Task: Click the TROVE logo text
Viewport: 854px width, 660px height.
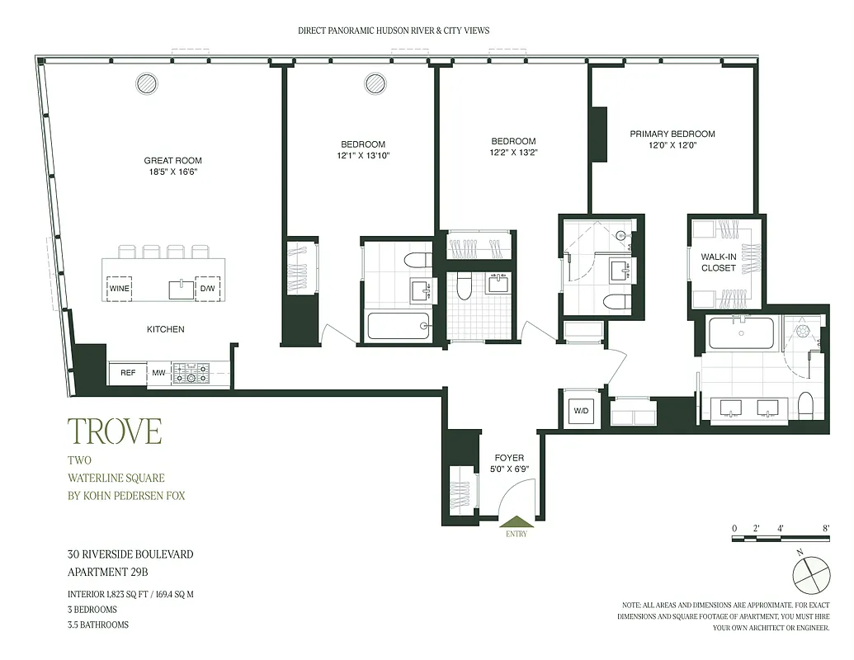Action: pos(114,431)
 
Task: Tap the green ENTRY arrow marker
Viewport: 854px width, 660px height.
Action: pos(516,522)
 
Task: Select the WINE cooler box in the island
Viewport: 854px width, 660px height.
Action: pos(119,288)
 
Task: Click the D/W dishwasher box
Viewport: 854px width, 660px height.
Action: pos(208,288)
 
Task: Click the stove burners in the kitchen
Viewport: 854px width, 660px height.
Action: pos(191,374)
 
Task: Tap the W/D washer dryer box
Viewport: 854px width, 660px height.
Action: pos(580,410)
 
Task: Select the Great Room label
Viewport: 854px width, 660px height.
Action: pos(172,161)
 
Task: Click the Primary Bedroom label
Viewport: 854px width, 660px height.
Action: pos(672,134)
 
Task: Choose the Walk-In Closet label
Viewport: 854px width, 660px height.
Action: pos(718,262)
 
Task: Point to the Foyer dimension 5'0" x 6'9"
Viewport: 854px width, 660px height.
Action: pos(509,469)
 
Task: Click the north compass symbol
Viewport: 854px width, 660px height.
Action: pos(810,573)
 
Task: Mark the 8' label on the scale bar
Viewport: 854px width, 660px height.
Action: pos(825,527)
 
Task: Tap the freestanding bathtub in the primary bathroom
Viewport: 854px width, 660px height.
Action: pos(741,334)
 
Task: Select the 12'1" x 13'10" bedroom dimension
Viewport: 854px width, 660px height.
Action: pos(362,155)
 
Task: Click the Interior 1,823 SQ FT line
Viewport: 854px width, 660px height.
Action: pos(135,594)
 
